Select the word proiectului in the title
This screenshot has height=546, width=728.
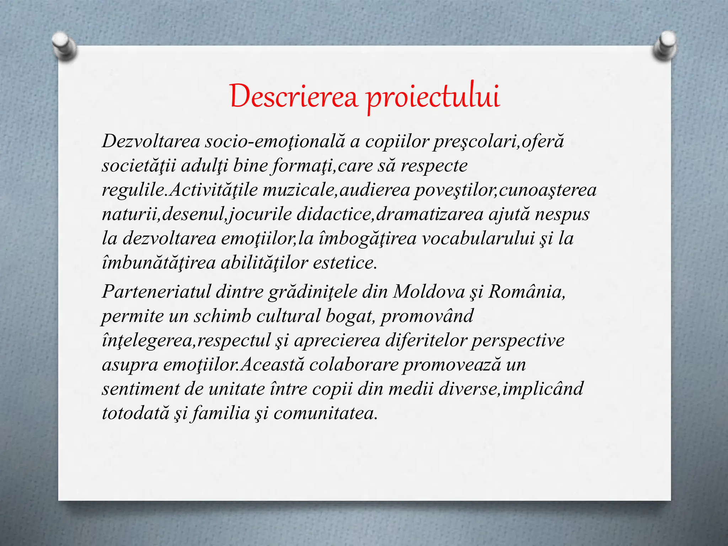coord(433,97)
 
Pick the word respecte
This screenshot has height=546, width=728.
coord(434,166)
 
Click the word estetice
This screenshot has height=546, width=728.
coord(344,263)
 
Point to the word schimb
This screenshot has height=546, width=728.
coord(222,316)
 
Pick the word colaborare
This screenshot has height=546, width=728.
coord(354,364)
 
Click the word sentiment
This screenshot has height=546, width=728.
coord(140,389)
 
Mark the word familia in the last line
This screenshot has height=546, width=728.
coord(221,413)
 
